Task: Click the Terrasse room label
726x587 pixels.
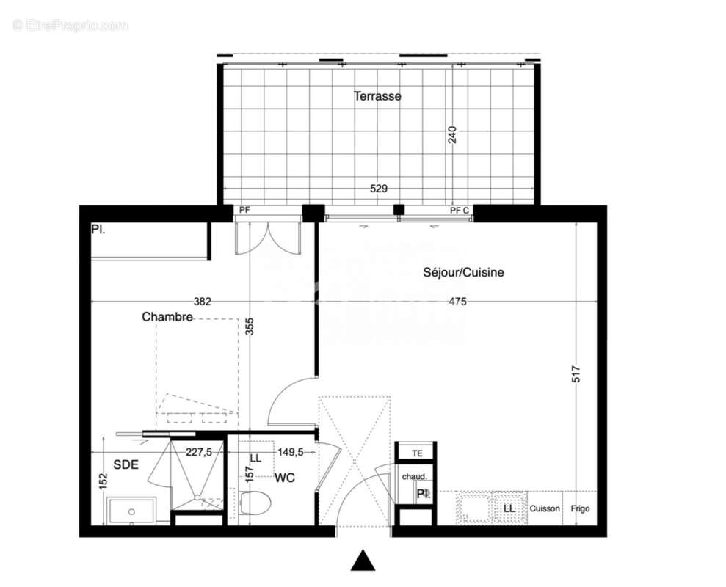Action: click(377, 96)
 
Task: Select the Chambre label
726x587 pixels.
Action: click(167, 317)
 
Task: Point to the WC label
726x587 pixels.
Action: click(285, 478)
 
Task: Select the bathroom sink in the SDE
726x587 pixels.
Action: click(131, 511)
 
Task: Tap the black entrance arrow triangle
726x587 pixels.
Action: click(363, 561)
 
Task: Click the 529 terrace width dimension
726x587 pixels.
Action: click(378, 189)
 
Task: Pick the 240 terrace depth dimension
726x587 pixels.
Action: click(452, 134)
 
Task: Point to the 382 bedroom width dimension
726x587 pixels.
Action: click(202, 301)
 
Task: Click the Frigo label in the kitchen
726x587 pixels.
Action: click(580, 508)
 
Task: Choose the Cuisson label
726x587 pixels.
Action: click(545, 508)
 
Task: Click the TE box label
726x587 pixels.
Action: click(418, 453)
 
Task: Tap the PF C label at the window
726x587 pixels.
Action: click(460, 211)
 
